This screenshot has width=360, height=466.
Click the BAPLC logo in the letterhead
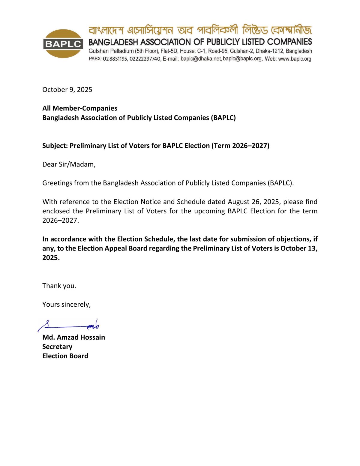tap(63, 44)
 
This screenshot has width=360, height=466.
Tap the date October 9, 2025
tap(67, 90)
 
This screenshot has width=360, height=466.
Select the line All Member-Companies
tap(80, 108)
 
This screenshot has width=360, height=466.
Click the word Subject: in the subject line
tap(55, 146)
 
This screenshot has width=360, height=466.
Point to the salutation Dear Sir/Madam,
tap(69, 164)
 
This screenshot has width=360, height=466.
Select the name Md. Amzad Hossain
tap(73, 337)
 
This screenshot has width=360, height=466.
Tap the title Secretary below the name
tap(57, 347)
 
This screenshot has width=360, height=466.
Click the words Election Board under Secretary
tap(65, 356)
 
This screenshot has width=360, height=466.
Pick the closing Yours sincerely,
tap(66, 305)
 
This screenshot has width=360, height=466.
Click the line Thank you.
tap(59, 286)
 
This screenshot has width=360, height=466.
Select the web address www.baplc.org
tap(295, 59)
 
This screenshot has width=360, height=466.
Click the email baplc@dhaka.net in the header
tap(201, 59)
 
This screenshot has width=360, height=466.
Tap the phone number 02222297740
tap(145, 59)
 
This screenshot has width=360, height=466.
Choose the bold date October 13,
tap(299, 248)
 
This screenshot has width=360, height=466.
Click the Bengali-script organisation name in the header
tap(200, 30)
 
